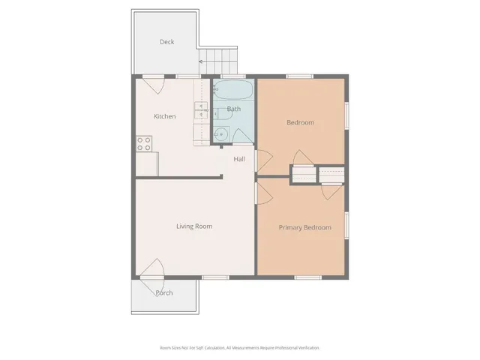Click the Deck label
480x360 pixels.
click(x=166, y=42)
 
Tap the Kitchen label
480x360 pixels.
click(x=165, y=116)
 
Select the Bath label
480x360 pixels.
click(x=234, y=109)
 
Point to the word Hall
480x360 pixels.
click(x=239, y=159)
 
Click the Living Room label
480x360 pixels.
click(x=194, y=226)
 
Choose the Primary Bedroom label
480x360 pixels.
click(x=304, y=227)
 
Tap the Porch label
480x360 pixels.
click(x=164, y=292)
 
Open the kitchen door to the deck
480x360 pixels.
click(x=154, y=84)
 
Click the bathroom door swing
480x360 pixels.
click(x=241, y=136)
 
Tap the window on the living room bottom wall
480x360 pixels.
click(x=216, y=277)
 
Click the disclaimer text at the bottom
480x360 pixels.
click(x=239, y=348)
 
